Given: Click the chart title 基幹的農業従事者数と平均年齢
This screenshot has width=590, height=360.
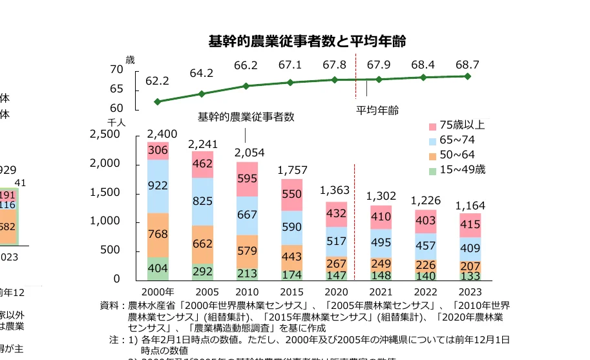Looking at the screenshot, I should coord(307,41).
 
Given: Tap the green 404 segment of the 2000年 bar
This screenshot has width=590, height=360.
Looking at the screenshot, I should coord(158,268).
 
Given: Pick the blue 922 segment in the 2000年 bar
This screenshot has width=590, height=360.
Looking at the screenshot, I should coord(158,186).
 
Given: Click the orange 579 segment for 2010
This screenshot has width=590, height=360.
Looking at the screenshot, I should coord(247,251).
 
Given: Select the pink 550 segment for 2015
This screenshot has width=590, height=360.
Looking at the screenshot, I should coord(291,194).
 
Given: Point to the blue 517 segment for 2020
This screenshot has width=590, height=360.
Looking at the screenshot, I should coord(335,241).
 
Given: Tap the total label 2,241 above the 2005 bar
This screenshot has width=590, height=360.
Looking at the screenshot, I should coord(202,143).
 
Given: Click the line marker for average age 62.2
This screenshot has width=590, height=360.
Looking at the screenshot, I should coord(158,101).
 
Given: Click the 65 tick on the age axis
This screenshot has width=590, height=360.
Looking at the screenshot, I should coord(117,89).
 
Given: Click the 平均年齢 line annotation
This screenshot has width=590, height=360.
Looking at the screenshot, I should coord(378,110).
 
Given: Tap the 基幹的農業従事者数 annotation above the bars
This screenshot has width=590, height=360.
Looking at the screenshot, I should coord(246,117).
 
